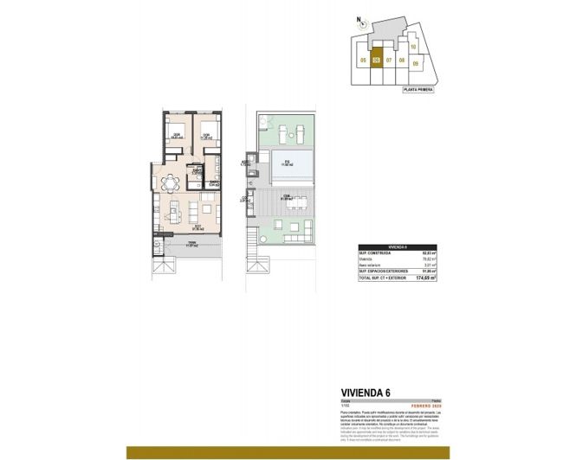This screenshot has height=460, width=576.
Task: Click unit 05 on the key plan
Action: click(363, 61)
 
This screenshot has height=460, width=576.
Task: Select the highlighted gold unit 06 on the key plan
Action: click(376, 61)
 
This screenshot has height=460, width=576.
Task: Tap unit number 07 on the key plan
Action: click(390, 61)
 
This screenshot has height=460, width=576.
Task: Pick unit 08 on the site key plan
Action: click(402, 61)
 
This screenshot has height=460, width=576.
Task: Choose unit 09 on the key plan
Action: click(417, 63)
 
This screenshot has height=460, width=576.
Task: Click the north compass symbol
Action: click(364, 24)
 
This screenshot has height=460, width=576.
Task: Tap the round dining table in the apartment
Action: click(171, 182)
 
